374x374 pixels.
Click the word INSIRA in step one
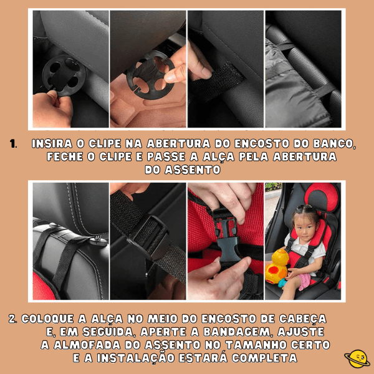(x=52, y=144)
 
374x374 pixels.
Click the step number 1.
(x=13, y=144)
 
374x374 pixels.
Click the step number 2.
(x=13, y=319)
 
